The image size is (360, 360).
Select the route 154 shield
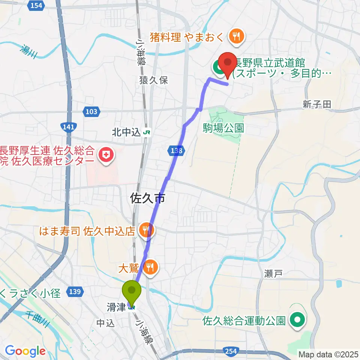36,5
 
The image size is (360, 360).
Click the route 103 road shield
91,111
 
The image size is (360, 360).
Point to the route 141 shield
69,127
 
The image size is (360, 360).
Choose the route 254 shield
231,351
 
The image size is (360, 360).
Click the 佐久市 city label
148,198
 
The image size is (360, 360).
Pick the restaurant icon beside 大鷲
151,267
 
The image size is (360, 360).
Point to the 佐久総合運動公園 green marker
298,320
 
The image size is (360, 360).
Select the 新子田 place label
317,105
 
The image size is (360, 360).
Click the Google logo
25,351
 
